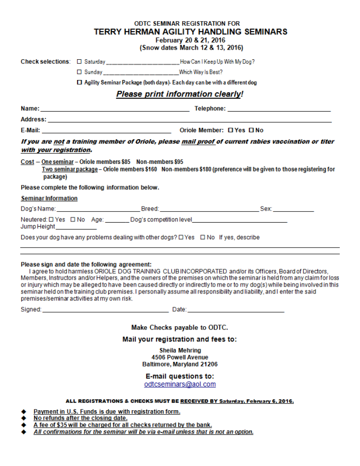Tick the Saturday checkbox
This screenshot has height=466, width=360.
click(79, 62)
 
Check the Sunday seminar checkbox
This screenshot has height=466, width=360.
click(79, 72)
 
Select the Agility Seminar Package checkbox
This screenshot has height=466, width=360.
click(79, 83)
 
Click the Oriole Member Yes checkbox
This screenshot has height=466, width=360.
click(231, 131)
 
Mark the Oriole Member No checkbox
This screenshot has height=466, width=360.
click(251, 131)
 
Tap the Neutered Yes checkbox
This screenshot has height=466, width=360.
click(51, 219)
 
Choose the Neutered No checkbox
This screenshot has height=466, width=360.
click(72, 219)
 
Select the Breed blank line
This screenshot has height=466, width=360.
click(209, 209)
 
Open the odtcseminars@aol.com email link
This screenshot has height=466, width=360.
click(180, 384)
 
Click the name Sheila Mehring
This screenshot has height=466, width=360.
click(180, 350)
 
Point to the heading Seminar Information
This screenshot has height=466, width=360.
click(49, 198)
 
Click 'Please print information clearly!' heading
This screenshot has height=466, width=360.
click(179, 94)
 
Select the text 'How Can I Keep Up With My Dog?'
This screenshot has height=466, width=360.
click(217, 62)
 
